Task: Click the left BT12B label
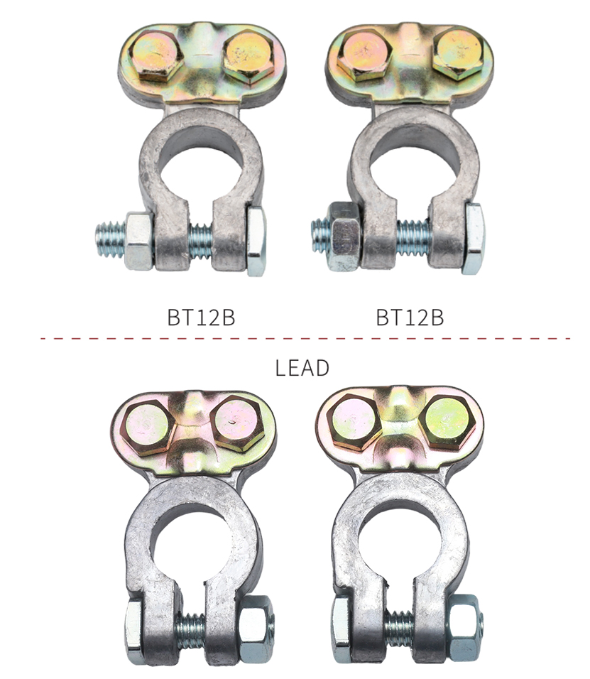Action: (x=202, y=317)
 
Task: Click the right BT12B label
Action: (x=410, y=317)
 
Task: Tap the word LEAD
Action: (x=302, y=368)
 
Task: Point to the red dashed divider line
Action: (x=305, y=338)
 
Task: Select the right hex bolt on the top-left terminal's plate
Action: (x=248, y=55)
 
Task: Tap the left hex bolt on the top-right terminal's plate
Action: (x=364, y=55)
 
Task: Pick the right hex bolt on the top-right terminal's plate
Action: (x=458, y=53)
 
